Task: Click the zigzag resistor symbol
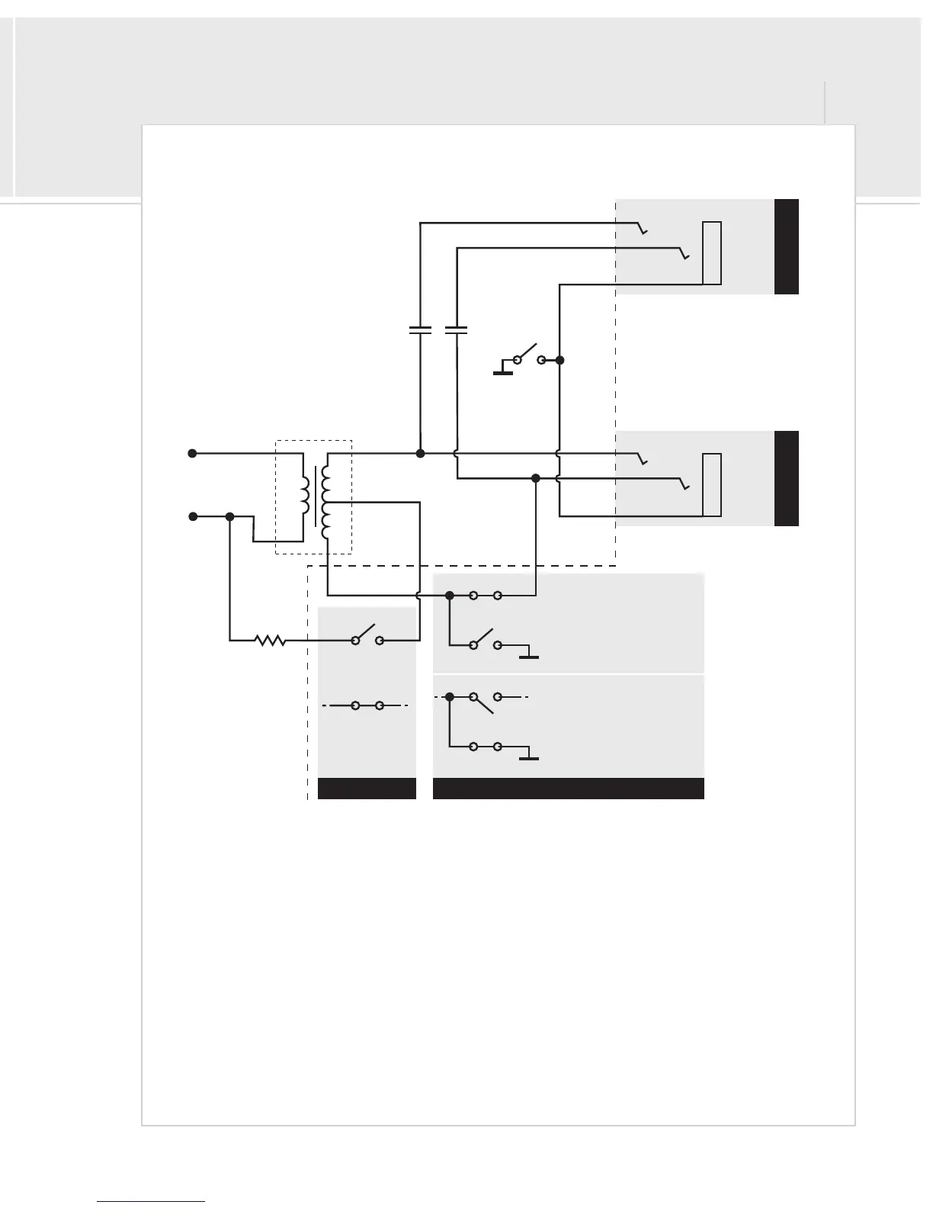click(x=271, y=641)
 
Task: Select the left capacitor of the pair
click(x=420, y=330)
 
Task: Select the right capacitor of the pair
click(x=456, y=330)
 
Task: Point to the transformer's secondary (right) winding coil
click(x=326, y=501)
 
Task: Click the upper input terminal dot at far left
click(x=193, y=453)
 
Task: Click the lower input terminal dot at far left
click(x=193, y=516)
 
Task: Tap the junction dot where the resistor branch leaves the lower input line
click(x=229, y=516)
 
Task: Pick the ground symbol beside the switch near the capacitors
click(x=503, y=371)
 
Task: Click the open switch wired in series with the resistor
click(x=367, y=637)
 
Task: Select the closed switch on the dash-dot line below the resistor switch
click(x=367, y=705)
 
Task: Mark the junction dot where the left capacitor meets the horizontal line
click(x=420, y=453)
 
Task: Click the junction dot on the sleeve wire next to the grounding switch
click(x=559, y=359)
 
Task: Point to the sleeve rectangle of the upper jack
click(x=712, y=252)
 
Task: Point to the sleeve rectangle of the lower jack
click(x=712, y=485)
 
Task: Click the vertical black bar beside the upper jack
click(x=787, y=246)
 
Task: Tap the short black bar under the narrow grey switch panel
click(x=367, y=789)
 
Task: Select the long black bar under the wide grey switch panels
click(x=568, y=789)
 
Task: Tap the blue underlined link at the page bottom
click(x=151, y=1201)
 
